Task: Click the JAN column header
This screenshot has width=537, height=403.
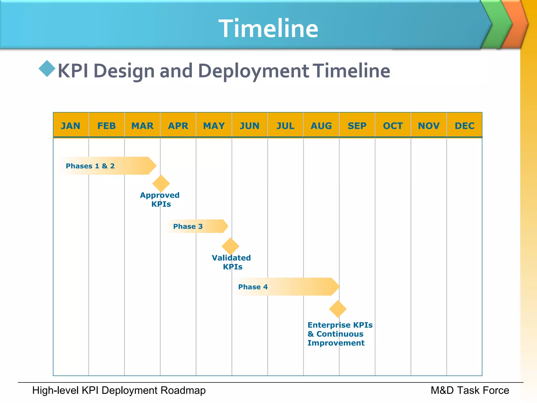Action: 71,126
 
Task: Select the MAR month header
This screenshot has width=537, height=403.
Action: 142,126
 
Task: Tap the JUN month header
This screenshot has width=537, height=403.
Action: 250,126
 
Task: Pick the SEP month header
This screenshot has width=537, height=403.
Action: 357,126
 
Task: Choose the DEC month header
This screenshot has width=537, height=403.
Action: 464,126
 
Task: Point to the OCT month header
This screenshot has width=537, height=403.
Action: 393,126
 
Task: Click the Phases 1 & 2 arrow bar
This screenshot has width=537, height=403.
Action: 108,166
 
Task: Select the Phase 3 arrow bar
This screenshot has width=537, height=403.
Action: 197,226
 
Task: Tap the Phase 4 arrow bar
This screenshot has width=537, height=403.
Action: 286,287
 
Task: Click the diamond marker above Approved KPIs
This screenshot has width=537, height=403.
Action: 161,183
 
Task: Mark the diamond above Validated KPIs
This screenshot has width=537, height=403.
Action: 230,246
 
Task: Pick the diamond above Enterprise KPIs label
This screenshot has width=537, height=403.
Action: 338,309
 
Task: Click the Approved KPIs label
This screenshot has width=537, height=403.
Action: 160,199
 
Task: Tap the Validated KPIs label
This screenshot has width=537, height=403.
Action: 231,262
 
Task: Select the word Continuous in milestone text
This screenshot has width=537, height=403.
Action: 340,334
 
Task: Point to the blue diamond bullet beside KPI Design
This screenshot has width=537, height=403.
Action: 47,69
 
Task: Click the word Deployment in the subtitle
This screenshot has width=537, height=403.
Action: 254,71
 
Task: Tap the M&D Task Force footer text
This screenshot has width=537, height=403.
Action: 470,390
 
